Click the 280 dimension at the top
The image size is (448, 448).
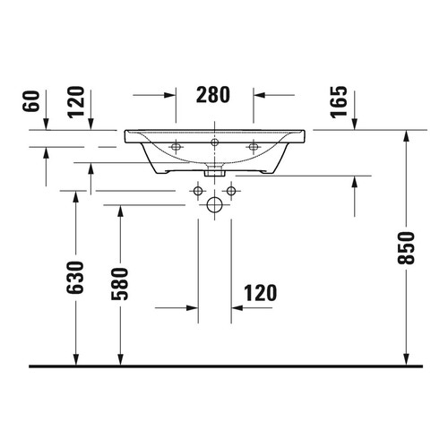(214, 93)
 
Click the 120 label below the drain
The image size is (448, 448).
(259, 292)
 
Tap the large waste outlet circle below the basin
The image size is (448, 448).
(215, 206)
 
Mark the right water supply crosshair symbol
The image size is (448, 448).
(232, 190)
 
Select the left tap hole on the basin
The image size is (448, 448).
(177, 145)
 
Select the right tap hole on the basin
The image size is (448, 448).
(254, 145)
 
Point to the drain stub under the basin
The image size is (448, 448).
(215, 171)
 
